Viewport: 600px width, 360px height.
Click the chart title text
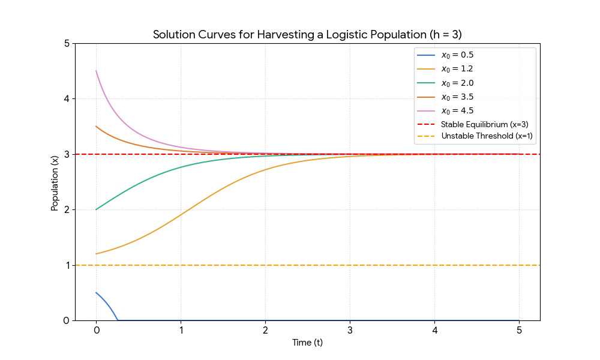(x=307, y=34)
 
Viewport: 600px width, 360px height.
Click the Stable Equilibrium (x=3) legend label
(x=484, y=124)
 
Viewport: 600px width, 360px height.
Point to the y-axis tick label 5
(x=66, y=43)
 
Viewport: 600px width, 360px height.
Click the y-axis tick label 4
(x=66, y=98)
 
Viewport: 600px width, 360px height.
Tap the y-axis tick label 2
(x=66, y=209)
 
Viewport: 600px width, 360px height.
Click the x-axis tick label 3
(x=350, y=331)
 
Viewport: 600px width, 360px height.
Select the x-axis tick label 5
(x=519, y=331)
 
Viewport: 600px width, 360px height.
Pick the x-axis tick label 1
(x=181, y=331)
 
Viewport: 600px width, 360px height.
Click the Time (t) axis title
(x=307, y=343)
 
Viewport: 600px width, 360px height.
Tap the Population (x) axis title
(x=55, y=182)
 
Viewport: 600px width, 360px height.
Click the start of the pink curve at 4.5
(x=96, y=71)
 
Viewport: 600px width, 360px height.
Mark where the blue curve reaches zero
(x=118, y=320)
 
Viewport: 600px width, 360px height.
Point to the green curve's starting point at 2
(x=96, y=209)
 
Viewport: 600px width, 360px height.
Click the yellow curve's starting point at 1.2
(x=96, y=254)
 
